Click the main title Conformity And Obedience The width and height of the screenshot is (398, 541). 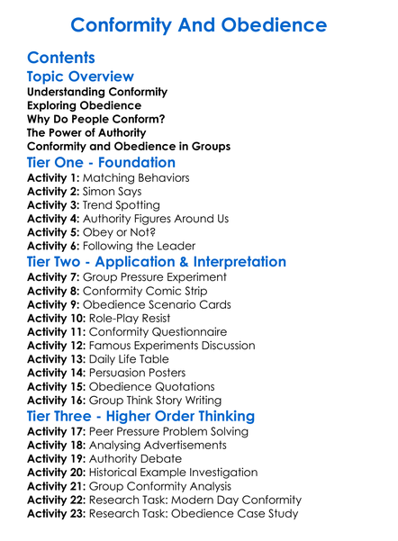(x=199, y=24)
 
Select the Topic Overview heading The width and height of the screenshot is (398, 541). (x=80, y=77)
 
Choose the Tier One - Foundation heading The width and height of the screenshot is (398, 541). (x=101, y=162)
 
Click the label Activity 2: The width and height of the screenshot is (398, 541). (x=53, y=192)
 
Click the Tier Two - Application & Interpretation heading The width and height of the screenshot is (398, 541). (x=157, y=262)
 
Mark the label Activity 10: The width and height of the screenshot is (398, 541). (x=57, y=319)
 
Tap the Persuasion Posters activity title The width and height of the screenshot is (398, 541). (x=147, y=374)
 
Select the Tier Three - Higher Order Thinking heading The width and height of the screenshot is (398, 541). (x=140, y=417)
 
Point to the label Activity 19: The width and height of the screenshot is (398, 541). (x=57, y=458)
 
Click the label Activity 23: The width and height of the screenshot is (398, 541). (x=57, y=514)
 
